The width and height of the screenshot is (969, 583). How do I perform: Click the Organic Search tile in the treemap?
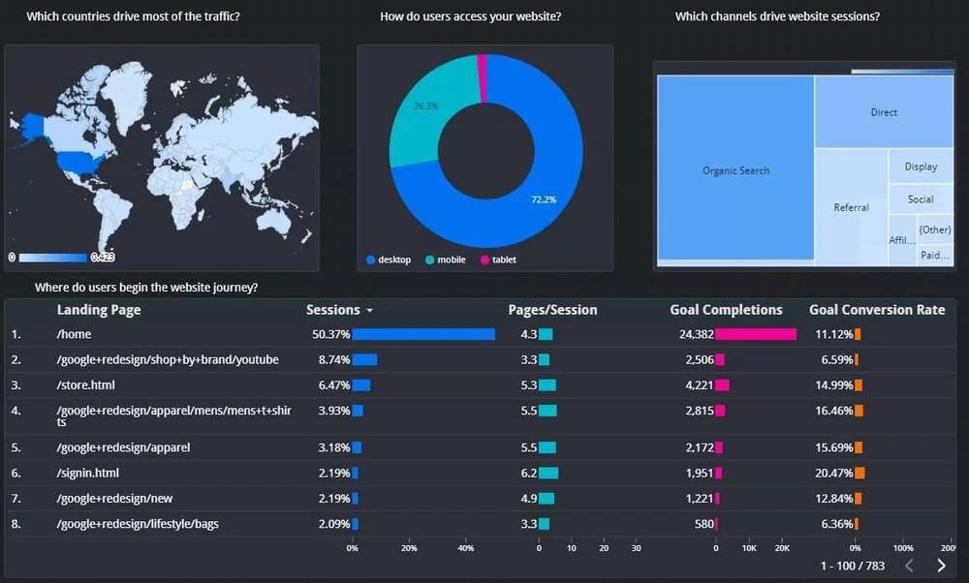coord(735,170)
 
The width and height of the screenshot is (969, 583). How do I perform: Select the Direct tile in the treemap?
coord(884,112)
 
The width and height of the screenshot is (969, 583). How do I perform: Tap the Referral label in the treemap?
coord(851,207)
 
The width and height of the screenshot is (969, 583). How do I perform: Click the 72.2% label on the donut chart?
coord(543,199)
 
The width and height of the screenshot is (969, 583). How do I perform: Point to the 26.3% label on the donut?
coord(425,106)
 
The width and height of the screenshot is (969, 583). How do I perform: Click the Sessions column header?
coord(333,310)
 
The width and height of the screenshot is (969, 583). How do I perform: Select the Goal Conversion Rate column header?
coord(877,310)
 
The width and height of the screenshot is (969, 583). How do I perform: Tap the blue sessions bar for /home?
coord(423,334)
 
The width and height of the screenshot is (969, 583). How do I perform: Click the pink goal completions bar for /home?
coord(756,334)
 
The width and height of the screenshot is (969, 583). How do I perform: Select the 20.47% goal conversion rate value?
coord(833,473)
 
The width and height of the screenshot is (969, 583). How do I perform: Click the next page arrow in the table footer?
coord(941,566)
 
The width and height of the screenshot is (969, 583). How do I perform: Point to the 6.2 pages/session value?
coord(528,473)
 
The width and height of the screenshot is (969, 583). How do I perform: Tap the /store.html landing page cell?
coord(85,384)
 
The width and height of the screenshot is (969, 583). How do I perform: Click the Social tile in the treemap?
coord(921,199)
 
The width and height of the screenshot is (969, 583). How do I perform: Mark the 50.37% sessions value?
coord(330,334)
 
